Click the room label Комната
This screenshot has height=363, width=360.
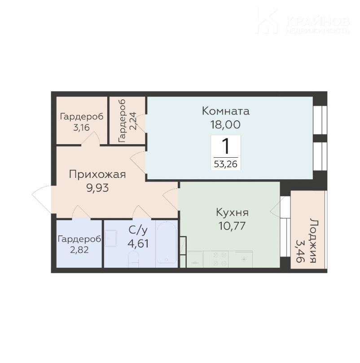[x=226, y=111]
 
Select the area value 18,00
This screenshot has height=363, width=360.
[x=226, y=124]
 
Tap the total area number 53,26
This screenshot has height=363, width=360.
[x=226, y=164]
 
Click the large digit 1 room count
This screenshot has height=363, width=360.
[x=225, y=146]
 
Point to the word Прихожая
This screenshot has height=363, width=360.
[x=97, y=174]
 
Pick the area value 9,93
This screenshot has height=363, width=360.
[x=97, y=188]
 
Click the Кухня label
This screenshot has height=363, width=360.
[x=232, y=212]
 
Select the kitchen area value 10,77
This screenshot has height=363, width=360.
[x=232, y=226]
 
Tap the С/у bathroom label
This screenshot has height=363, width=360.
[x=138, y=230]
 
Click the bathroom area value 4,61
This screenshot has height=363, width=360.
[x=138, y=243]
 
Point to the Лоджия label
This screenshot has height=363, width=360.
[x=313, y=240]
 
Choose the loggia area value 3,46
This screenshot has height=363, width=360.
[x=300, y=251]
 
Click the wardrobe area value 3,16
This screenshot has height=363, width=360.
[x=81, y=128]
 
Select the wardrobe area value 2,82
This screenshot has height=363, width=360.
[x=79, y=250]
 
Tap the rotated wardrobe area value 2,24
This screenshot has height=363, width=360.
[x=133, y=121]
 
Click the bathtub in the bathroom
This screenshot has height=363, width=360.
[x=167, y=243]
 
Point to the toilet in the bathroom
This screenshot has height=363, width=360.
[x=133, y=259]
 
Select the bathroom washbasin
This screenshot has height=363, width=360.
[x=111, y=239]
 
